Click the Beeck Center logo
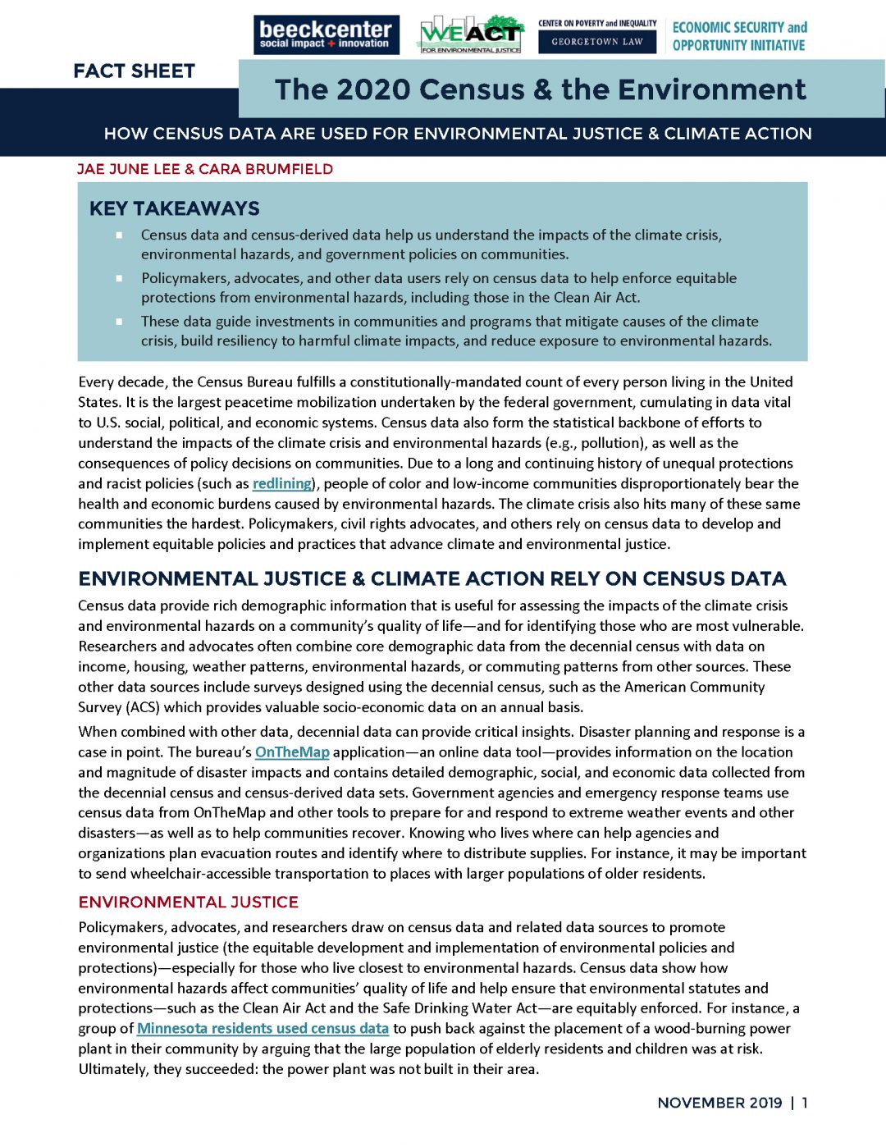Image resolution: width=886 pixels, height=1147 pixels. click(326, 34)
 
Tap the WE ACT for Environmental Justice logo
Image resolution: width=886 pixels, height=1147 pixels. click(471, 34)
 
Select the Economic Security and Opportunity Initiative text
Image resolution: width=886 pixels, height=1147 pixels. click(739, 36)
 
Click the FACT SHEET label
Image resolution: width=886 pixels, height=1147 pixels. click(134, 71)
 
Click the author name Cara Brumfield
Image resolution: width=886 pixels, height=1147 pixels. click(266, 169)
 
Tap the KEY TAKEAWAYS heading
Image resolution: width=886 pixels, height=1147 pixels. click(174, 208)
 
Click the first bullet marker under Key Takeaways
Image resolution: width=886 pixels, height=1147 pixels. click(119, 235)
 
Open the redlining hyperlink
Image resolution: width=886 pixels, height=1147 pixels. click(281, 484)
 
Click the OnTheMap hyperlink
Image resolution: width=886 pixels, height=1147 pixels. click(292, 752)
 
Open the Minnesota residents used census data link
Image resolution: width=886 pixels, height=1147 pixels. click(263, 1029)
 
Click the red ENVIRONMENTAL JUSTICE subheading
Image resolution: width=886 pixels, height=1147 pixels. click(188, 903)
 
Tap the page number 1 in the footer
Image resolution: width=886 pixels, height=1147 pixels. click(805, 1103)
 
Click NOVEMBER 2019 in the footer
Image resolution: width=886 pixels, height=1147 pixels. click(719, 1103)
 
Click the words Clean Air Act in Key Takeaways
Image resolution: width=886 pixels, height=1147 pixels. click(597, 298)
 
